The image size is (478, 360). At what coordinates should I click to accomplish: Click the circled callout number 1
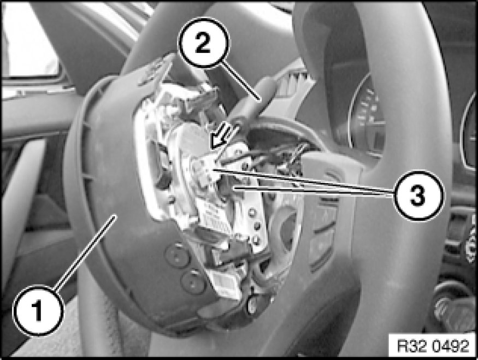pyautogui.click(x=39, y=311)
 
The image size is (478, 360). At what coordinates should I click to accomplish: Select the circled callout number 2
pyautogui.click(x=203, y=43)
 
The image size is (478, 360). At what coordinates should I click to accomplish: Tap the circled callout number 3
pyautogui.click(x=418, y=196)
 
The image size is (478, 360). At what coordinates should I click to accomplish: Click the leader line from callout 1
pyautogui.click(x=86, y=251)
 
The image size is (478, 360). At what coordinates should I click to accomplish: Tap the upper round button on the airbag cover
pyautogui.click(x=177, y=256)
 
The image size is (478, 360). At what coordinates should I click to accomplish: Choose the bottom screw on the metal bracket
pyautogui.click(x=256, y=240)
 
